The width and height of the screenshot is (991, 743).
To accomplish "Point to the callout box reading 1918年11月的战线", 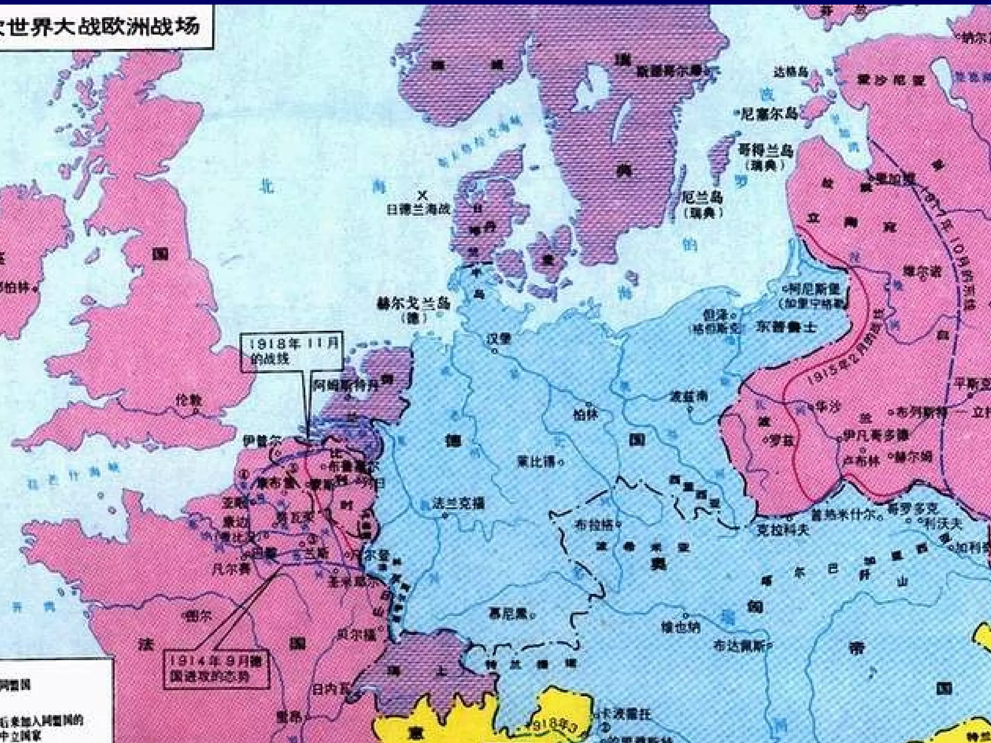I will [x=292, y=351].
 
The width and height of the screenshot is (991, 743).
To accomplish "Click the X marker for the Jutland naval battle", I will [x=423, y=196].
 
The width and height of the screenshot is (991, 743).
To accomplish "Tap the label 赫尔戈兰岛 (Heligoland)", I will [x=414, y=304].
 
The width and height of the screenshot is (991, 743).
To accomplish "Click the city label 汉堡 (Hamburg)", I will [x=499, y=338].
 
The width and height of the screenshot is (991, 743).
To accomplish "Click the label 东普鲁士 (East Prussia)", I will [x=786, y=327].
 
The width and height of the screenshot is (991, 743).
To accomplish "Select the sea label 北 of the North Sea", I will [x=267, y=186].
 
